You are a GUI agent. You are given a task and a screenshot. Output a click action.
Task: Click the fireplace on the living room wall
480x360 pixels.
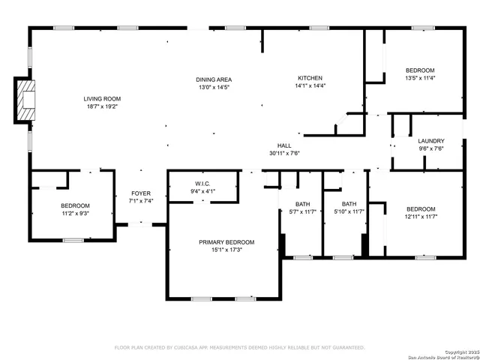pos(25,100)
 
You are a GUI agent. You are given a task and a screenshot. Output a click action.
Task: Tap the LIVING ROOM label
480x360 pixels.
pos(102,99)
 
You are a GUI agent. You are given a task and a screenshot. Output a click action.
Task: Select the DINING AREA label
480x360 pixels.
pos(214,79)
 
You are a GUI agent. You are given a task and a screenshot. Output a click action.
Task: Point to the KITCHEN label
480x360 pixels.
pos(310,78)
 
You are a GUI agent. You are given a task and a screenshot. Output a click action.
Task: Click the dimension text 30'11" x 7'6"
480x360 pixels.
pos(284,153)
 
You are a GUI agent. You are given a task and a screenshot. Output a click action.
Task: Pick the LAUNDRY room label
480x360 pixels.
pos(431,140)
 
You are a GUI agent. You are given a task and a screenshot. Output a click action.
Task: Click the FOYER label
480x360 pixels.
pos(141,193)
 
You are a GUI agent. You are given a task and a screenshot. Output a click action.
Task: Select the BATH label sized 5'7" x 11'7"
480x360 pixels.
pos(302,204)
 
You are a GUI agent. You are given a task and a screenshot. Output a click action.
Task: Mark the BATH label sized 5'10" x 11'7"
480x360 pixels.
pos(349,204)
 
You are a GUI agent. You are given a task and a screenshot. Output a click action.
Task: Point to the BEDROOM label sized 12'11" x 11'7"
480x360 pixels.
pos(420,209)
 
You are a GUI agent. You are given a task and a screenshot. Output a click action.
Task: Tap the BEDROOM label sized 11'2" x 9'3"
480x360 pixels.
pos(75,206)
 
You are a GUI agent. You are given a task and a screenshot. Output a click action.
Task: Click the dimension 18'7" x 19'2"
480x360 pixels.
pos(102,106)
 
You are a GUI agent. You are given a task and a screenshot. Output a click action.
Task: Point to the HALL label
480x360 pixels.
pos(284,145)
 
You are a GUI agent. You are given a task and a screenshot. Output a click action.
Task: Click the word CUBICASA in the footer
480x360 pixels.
pos(191,347)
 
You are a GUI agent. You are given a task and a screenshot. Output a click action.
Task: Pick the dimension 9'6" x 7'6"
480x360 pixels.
pos(431,148)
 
